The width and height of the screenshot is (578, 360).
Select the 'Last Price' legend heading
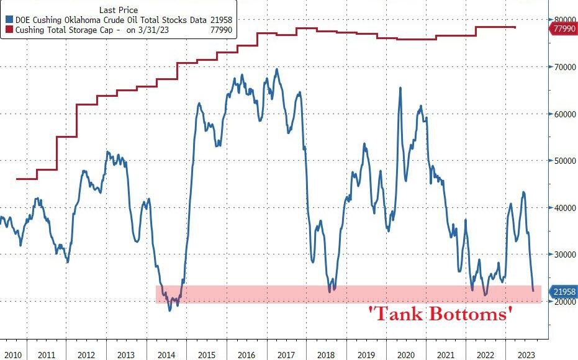[x=118, y=10]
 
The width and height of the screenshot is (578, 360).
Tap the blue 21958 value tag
[x=564, y=292]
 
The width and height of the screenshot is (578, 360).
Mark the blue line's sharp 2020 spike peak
[x=400, y=88]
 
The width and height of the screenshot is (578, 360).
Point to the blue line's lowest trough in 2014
[x=170, y=309]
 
